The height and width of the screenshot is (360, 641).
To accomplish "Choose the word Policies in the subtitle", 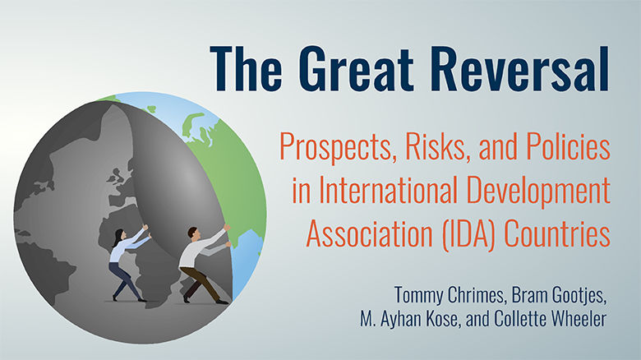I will click(x=566, y=148).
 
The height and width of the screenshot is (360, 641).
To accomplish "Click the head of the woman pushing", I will click(x=118, y=234).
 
